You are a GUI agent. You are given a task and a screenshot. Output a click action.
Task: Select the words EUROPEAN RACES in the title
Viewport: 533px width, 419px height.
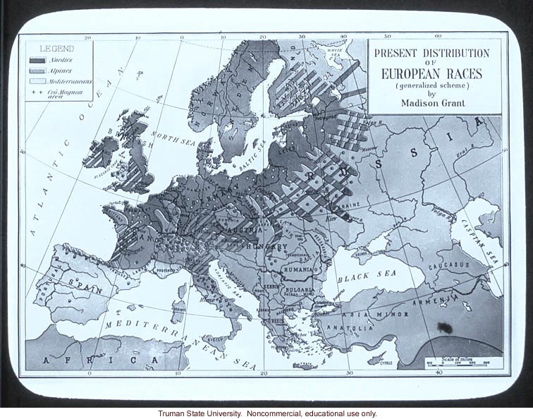click(x=431, y=73)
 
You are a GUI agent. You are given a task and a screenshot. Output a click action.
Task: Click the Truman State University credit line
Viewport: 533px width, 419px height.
click(x=266, y=413)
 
